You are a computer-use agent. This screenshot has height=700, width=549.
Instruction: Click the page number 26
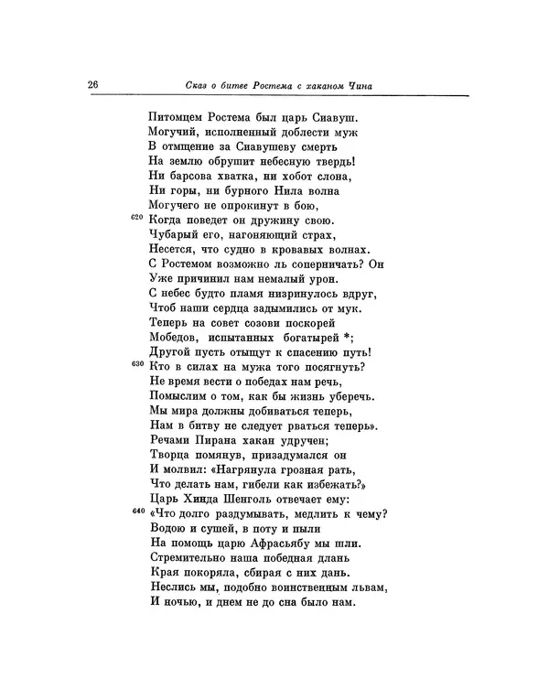[92, 85]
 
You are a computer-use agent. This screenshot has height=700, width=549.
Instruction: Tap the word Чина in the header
[363, 87]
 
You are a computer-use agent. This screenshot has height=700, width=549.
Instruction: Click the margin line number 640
[137, 511]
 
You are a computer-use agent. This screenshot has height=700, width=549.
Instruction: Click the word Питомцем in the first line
[178, 118]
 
